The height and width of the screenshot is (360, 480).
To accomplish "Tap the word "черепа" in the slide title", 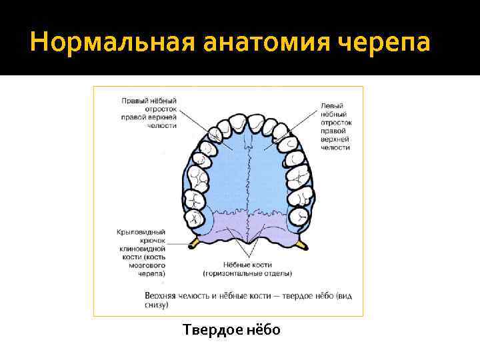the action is (x=385, y=44).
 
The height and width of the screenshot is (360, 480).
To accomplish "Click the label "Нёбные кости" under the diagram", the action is (x=247, y=265).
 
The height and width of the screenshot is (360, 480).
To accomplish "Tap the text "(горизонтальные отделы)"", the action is (x=247, y=273).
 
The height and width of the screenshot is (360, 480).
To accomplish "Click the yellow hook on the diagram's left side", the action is (x=195, y=241).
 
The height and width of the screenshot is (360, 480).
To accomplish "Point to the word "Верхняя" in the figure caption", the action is (x=162, y=295).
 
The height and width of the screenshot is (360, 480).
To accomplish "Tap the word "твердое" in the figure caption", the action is (x=298, y=295).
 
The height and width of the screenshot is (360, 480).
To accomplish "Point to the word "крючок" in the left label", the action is (x=152, y=240).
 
